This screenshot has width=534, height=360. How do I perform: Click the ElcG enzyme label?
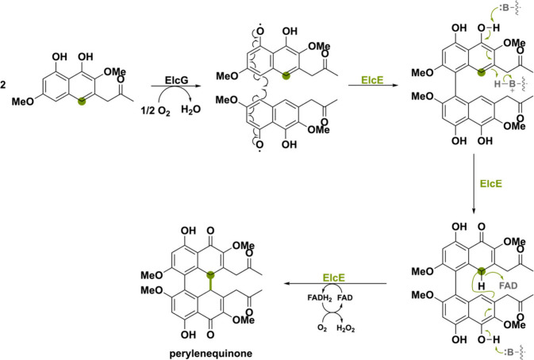point(176,81)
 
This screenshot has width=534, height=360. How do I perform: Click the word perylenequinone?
point(211,354)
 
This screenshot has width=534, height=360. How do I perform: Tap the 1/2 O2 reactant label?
point(156,111)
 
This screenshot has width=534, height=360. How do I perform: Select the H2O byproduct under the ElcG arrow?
point(190,110)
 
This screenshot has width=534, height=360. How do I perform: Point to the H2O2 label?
point(346,328)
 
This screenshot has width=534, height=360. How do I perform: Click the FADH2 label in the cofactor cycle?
point(320,298)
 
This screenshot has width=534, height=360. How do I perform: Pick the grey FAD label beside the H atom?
point(508,285)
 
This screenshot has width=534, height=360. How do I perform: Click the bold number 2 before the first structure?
point(3,85)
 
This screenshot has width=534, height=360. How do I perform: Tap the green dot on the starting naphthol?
point(81,101)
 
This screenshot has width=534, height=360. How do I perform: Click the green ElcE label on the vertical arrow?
point(490,184)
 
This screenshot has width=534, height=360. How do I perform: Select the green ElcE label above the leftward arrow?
point(334,278)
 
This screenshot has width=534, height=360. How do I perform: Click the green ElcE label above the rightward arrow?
point(372,80)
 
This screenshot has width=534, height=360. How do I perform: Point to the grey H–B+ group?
point(506,84)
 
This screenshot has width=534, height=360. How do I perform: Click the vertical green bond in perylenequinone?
point(211,283)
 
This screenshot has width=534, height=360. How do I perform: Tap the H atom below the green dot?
point(481,286)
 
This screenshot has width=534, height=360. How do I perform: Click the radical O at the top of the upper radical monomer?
point(260,31)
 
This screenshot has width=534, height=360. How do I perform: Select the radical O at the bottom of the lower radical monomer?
point(259,145)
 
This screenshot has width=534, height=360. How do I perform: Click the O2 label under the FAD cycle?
point(322,328)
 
